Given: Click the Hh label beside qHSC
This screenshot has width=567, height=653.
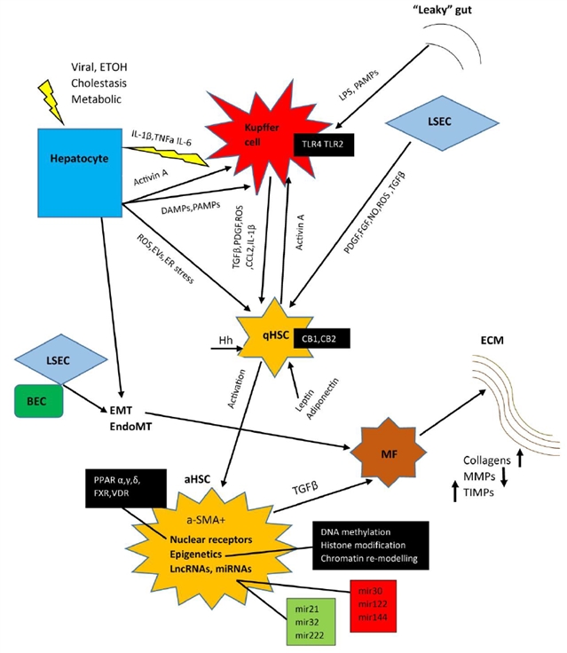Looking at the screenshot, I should [226, 338].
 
